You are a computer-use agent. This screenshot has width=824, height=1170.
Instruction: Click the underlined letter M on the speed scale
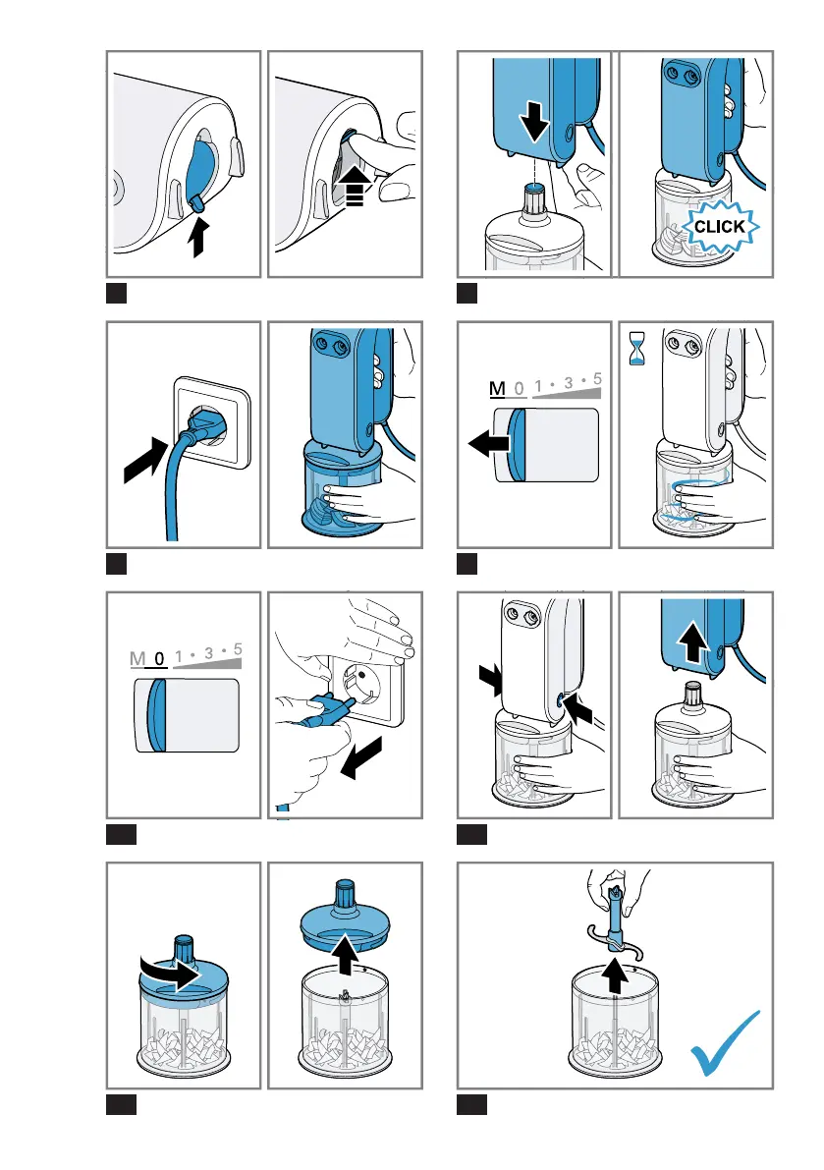tap(497, 389)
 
